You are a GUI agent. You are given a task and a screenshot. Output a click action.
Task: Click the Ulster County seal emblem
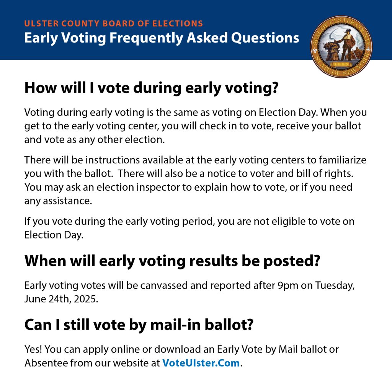(x=341, y=47)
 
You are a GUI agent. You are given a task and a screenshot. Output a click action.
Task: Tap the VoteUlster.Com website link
(x=201, y=363)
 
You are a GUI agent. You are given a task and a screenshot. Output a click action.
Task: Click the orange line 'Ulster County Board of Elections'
(x=113, y=23)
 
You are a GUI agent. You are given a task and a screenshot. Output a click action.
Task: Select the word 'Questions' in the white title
(x=265, y=38)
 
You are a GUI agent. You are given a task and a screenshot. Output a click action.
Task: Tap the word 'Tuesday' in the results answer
(x=334, y=286)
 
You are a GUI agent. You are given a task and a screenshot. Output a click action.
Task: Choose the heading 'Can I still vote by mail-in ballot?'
(x=139, y=325)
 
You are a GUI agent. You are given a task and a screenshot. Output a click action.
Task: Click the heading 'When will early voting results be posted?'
(x=172, y=261)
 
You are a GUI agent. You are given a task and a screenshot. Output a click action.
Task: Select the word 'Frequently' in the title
(x=146, y=38)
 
